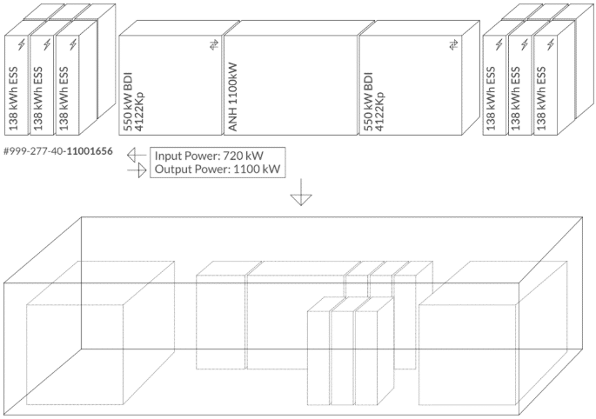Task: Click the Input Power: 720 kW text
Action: click(209, 156)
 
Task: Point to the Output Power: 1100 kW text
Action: click(218, 170)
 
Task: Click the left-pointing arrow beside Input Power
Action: click(136, 156)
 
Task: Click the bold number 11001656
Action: click(91, 150)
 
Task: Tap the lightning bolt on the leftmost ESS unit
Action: click(21, 44)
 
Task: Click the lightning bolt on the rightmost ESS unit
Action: click(549, 44)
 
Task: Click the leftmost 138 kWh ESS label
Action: click(14, 100)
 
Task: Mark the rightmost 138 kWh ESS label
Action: click(541, 100)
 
